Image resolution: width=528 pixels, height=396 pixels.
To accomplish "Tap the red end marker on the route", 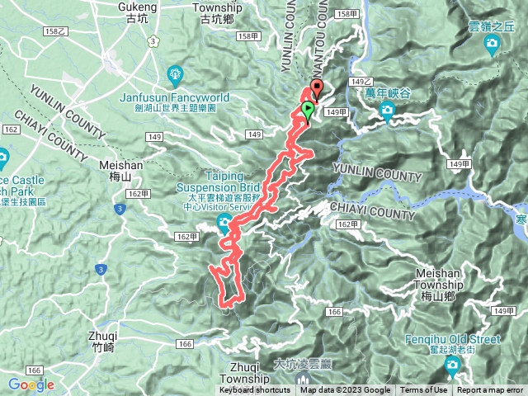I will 317,88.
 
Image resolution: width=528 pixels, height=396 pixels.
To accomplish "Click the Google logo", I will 31,384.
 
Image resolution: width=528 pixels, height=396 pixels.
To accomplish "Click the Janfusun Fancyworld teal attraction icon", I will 174,77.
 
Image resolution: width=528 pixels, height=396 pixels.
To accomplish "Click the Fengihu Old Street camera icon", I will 452,364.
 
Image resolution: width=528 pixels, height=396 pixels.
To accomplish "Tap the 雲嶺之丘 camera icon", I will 493,43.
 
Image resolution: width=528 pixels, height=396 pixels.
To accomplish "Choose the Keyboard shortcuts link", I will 254,390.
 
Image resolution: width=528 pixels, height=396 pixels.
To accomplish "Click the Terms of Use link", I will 424,390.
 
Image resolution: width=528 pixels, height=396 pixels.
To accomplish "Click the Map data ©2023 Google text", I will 346,390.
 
